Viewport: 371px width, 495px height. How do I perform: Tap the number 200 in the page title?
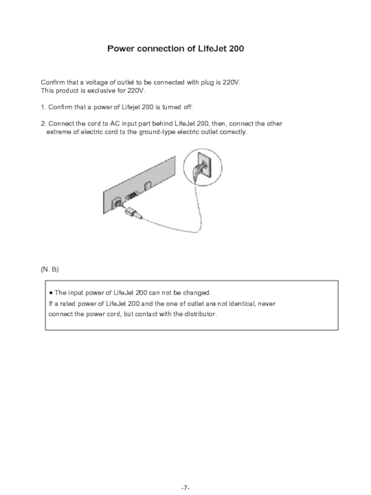pyautogui.click(x=236, y=49)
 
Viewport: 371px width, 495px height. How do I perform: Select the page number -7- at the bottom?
pyautogui.click(x=185, y=475)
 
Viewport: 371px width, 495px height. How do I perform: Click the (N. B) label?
pyautogui.click(x=50, y=270)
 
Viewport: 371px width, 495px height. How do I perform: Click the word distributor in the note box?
pyautogui.click(x=201, y=314)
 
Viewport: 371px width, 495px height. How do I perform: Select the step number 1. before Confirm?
pyautogui.click(x=44, y=108)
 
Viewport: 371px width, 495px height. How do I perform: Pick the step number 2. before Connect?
pyautogui.click(x=44, y=124)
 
